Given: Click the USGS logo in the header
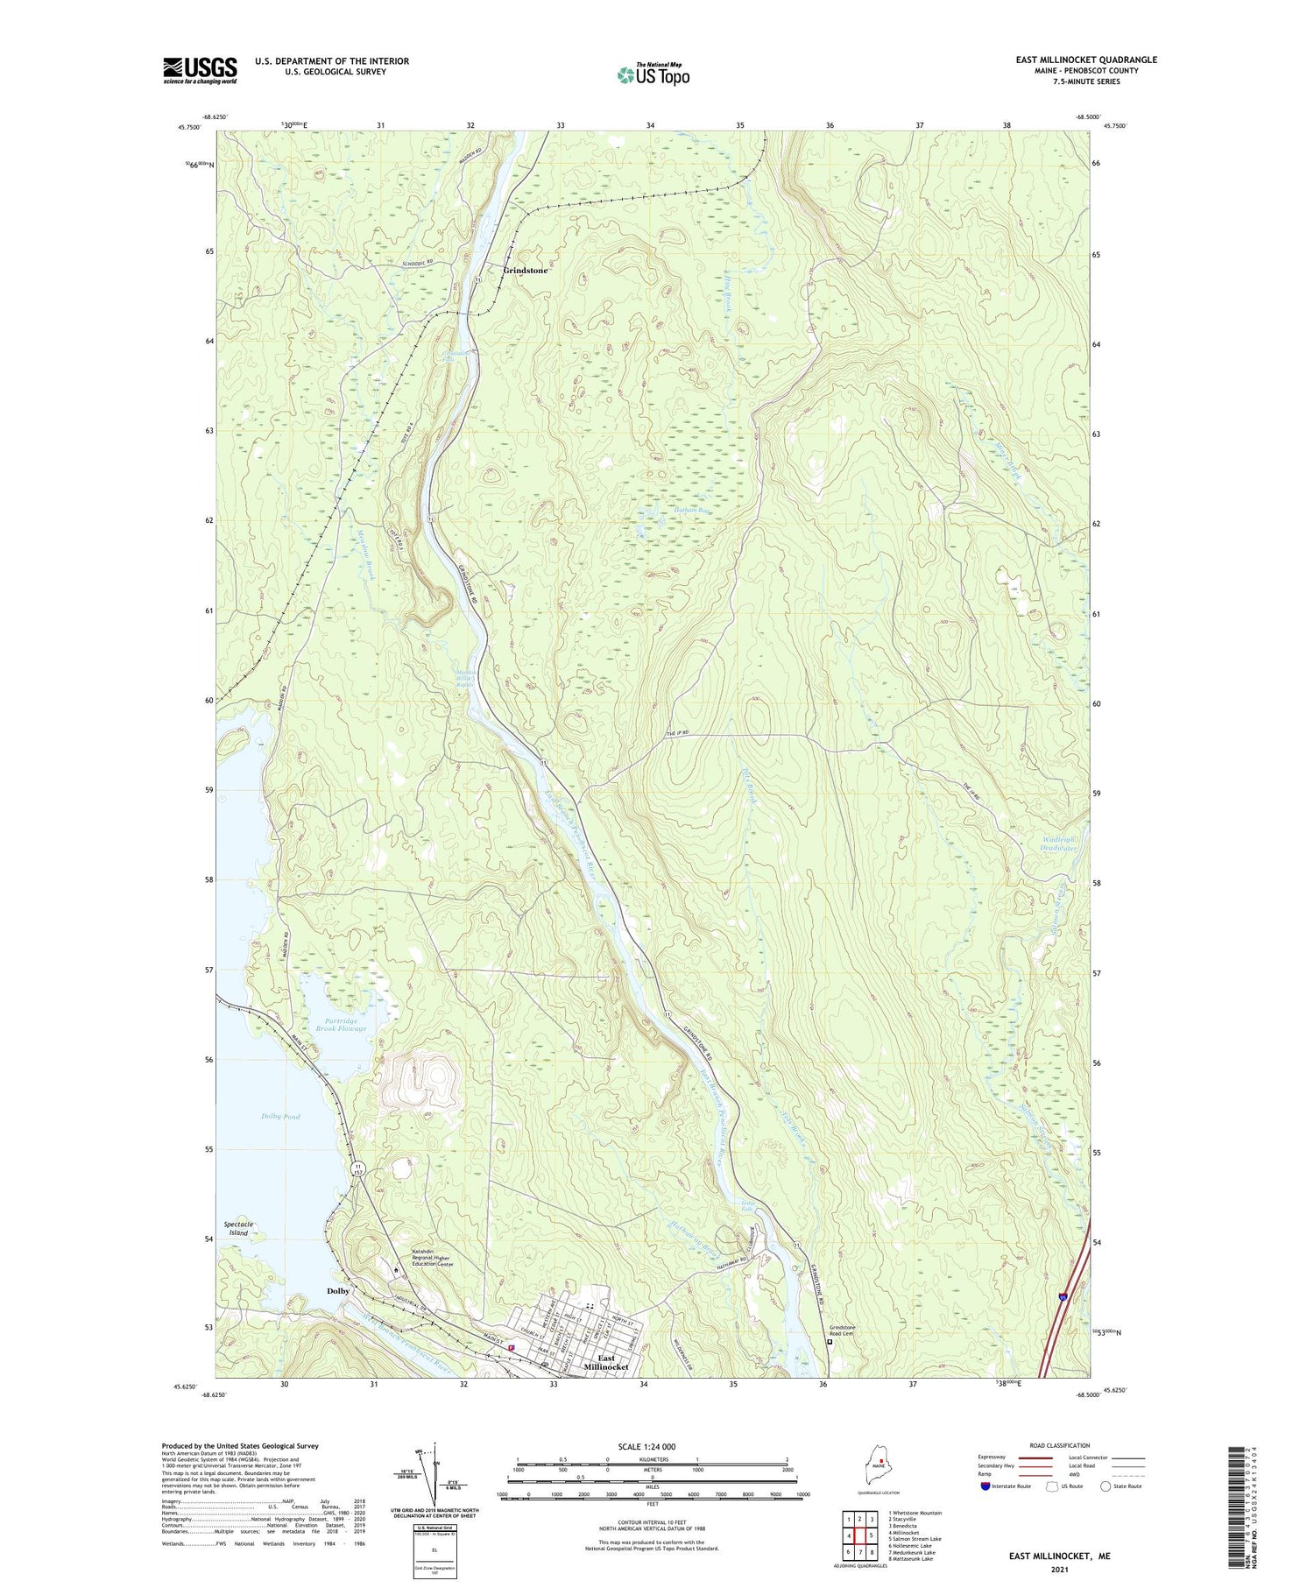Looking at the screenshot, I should tap(200, 69).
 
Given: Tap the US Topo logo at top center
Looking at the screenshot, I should tap(653, 75).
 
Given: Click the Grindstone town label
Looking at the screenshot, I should tap(525, 271).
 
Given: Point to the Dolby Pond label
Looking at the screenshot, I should tap(280, 1116).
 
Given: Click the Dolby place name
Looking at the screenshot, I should tap(338, 1291).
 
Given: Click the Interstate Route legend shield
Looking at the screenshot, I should tap(985, 1486).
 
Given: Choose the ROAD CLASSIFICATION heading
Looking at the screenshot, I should tap(1059, 1445).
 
